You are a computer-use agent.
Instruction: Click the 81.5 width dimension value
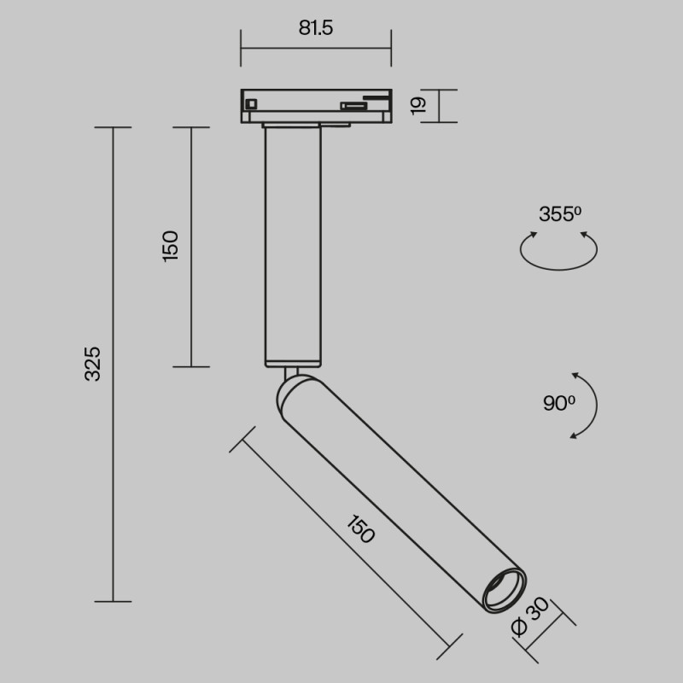coord(316,27)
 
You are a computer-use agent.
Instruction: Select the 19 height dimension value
coord(417,105)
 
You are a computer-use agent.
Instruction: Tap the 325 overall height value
coord(93,363)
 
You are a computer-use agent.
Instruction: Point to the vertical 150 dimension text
coord(171,246)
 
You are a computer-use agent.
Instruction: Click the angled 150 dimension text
coord(359,529)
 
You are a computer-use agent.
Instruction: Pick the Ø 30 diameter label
coord(527,621)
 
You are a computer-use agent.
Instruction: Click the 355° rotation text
coord(559,214)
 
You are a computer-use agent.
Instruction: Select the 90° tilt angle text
coord(558,403)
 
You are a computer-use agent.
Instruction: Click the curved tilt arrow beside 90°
coord(587,406)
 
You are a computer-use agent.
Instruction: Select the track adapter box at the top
coord(316,104)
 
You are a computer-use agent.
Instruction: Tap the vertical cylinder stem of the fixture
coord(293,248)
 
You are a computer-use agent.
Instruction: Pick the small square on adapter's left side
coord(251,104)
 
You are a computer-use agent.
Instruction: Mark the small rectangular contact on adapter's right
coord(350,106)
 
